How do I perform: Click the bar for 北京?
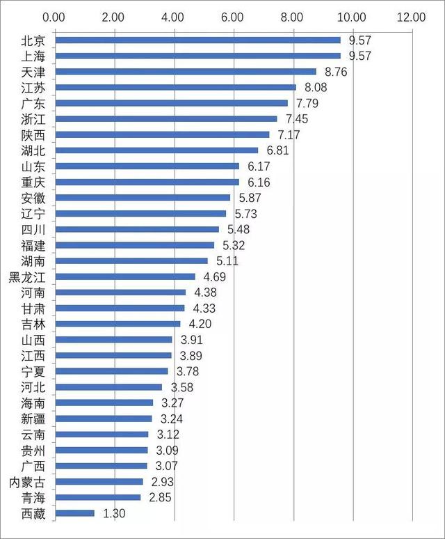(197, 40)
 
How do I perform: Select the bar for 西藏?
(74, 513)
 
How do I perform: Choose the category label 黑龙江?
(29, 276)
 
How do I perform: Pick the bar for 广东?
(171, 103)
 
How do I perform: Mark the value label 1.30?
(114, 513)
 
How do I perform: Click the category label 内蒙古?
(29, 482)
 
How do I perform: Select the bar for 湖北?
(156, 150)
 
